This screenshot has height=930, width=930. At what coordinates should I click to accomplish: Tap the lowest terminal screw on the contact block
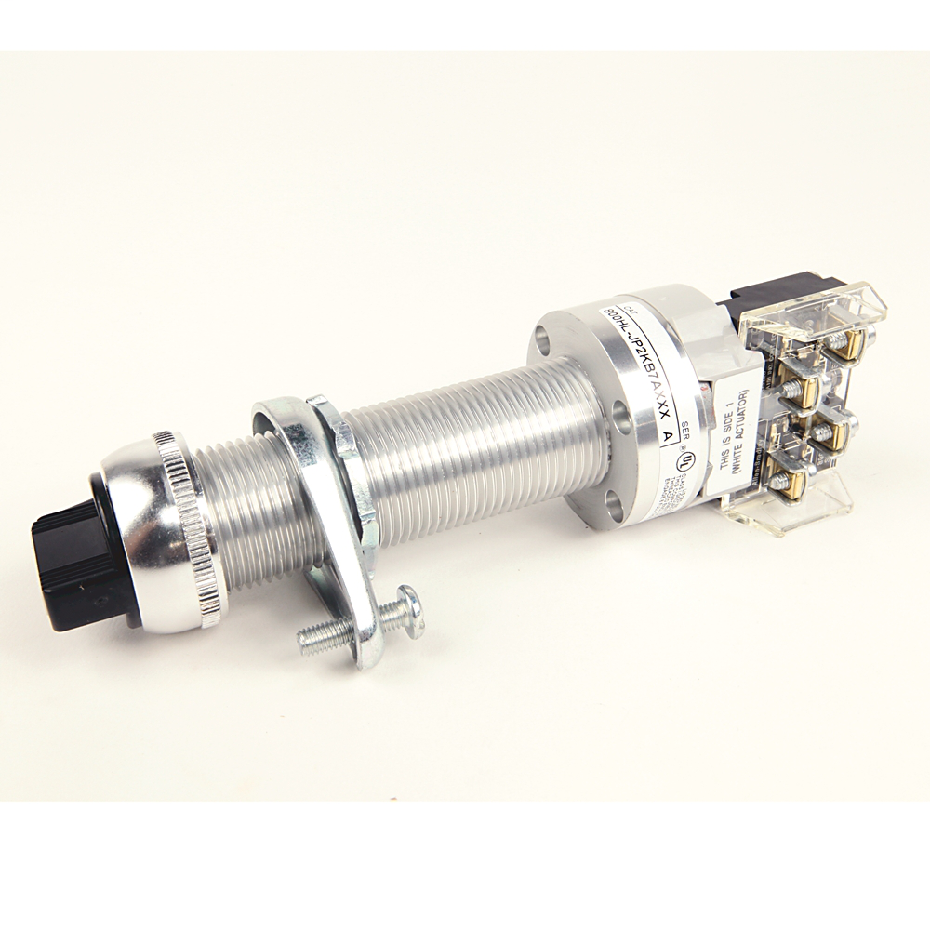point(784,484)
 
